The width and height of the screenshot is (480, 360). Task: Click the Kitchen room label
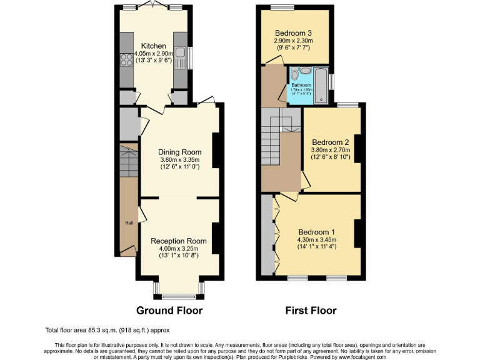153,46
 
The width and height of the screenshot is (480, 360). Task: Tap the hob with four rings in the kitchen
123,60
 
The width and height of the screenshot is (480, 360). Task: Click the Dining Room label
179,152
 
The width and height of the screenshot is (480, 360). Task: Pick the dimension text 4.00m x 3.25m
178,249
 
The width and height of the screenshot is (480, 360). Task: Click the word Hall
129,223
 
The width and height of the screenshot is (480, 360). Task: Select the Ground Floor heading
169,310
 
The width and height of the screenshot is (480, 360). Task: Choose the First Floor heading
311,310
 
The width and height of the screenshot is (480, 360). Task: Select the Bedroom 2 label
331,142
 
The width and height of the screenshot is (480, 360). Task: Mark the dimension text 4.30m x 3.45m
316,239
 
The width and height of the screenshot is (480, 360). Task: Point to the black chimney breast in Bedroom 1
359,232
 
